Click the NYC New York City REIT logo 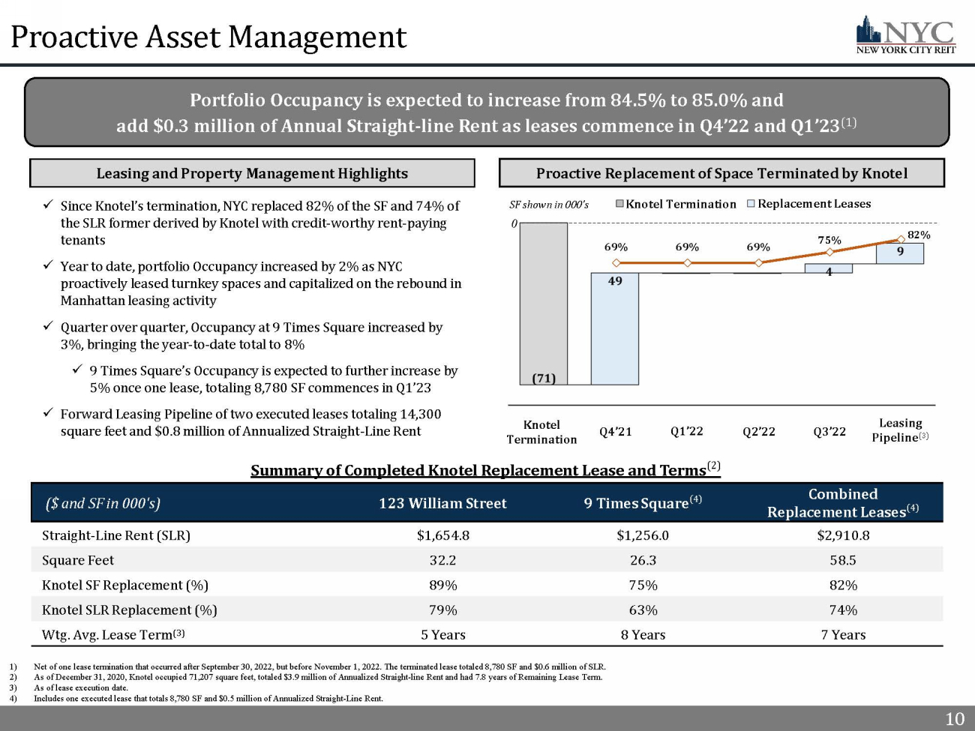(906, 35)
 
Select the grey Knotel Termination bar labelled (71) (543, 304)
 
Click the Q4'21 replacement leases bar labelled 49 (615, 328)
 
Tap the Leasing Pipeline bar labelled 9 (899, 253)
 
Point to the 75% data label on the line (829, 240)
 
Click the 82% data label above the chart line (919, 235)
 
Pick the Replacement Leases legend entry (808, 204)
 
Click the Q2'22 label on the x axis (759, 431)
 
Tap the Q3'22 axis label (829, 431)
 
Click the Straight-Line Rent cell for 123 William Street (442, 535)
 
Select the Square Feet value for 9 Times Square (643, 560)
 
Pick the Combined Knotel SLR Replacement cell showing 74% (843, 610)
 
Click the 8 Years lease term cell (643, 635)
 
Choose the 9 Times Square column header (643, 502)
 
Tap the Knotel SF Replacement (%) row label (124, 585)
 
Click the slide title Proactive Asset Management (208, 37)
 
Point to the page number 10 (955, 718)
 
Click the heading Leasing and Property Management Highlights (252, 173)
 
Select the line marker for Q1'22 (687, 262)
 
